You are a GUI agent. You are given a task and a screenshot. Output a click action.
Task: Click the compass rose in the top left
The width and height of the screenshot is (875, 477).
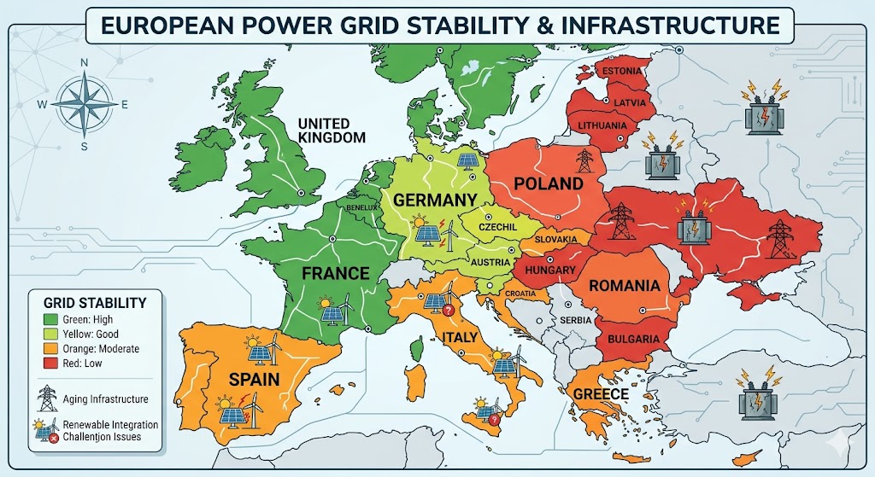click(x=84, y=105)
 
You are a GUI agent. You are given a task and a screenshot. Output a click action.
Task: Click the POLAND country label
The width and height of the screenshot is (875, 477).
click(x=549, y=183)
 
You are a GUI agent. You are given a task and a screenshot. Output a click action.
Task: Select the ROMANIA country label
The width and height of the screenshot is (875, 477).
click(x=624, y=285)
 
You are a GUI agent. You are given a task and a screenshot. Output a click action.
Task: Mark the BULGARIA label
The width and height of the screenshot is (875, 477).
click(x=632, y=340)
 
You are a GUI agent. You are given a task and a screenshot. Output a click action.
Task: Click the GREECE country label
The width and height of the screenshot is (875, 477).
click(x=602, y=394)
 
